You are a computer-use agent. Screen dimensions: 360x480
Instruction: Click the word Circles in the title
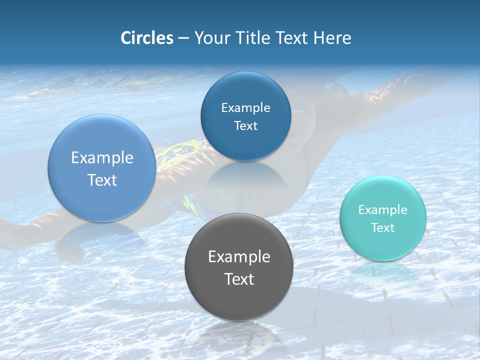tap(146, 38)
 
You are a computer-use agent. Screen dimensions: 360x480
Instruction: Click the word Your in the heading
tap(210, 38)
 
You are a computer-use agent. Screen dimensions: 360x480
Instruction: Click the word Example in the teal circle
tap(383, 209)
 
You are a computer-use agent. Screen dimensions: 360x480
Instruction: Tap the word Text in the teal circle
tap(383, 228)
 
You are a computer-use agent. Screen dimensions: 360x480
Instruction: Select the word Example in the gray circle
tap(239, 256)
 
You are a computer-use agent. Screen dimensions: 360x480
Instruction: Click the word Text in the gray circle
tap(239, 279)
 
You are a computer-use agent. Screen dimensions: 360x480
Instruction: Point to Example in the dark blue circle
tap(245, 107)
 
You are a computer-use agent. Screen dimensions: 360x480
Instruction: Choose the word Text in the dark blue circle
tap(245, 125)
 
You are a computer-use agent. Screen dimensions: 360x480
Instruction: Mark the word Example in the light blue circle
tap(102, 157)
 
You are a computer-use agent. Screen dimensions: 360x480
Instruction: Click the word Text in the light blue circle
tap(102, 180)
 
